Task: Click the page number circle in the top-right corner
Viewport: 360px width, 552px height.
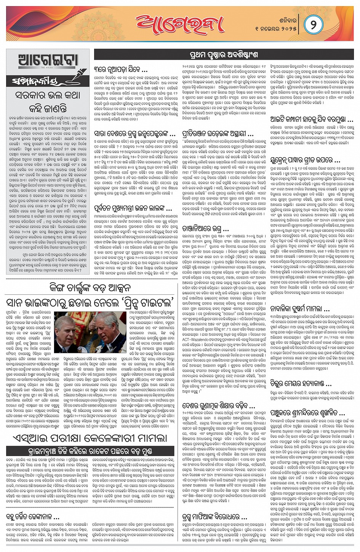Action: tap(314, 24)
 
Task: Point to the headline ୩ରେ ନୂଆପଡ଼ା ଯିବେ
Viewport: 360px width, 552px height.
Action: tap(121, 70)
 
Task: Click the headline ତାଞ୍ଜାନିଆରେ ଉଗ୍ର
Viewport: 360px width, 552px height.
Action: tap(206, 229)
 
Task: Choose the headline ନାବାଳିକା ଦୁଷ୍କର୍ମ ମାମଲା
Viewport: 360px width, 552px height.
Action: tap(300, 308)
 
